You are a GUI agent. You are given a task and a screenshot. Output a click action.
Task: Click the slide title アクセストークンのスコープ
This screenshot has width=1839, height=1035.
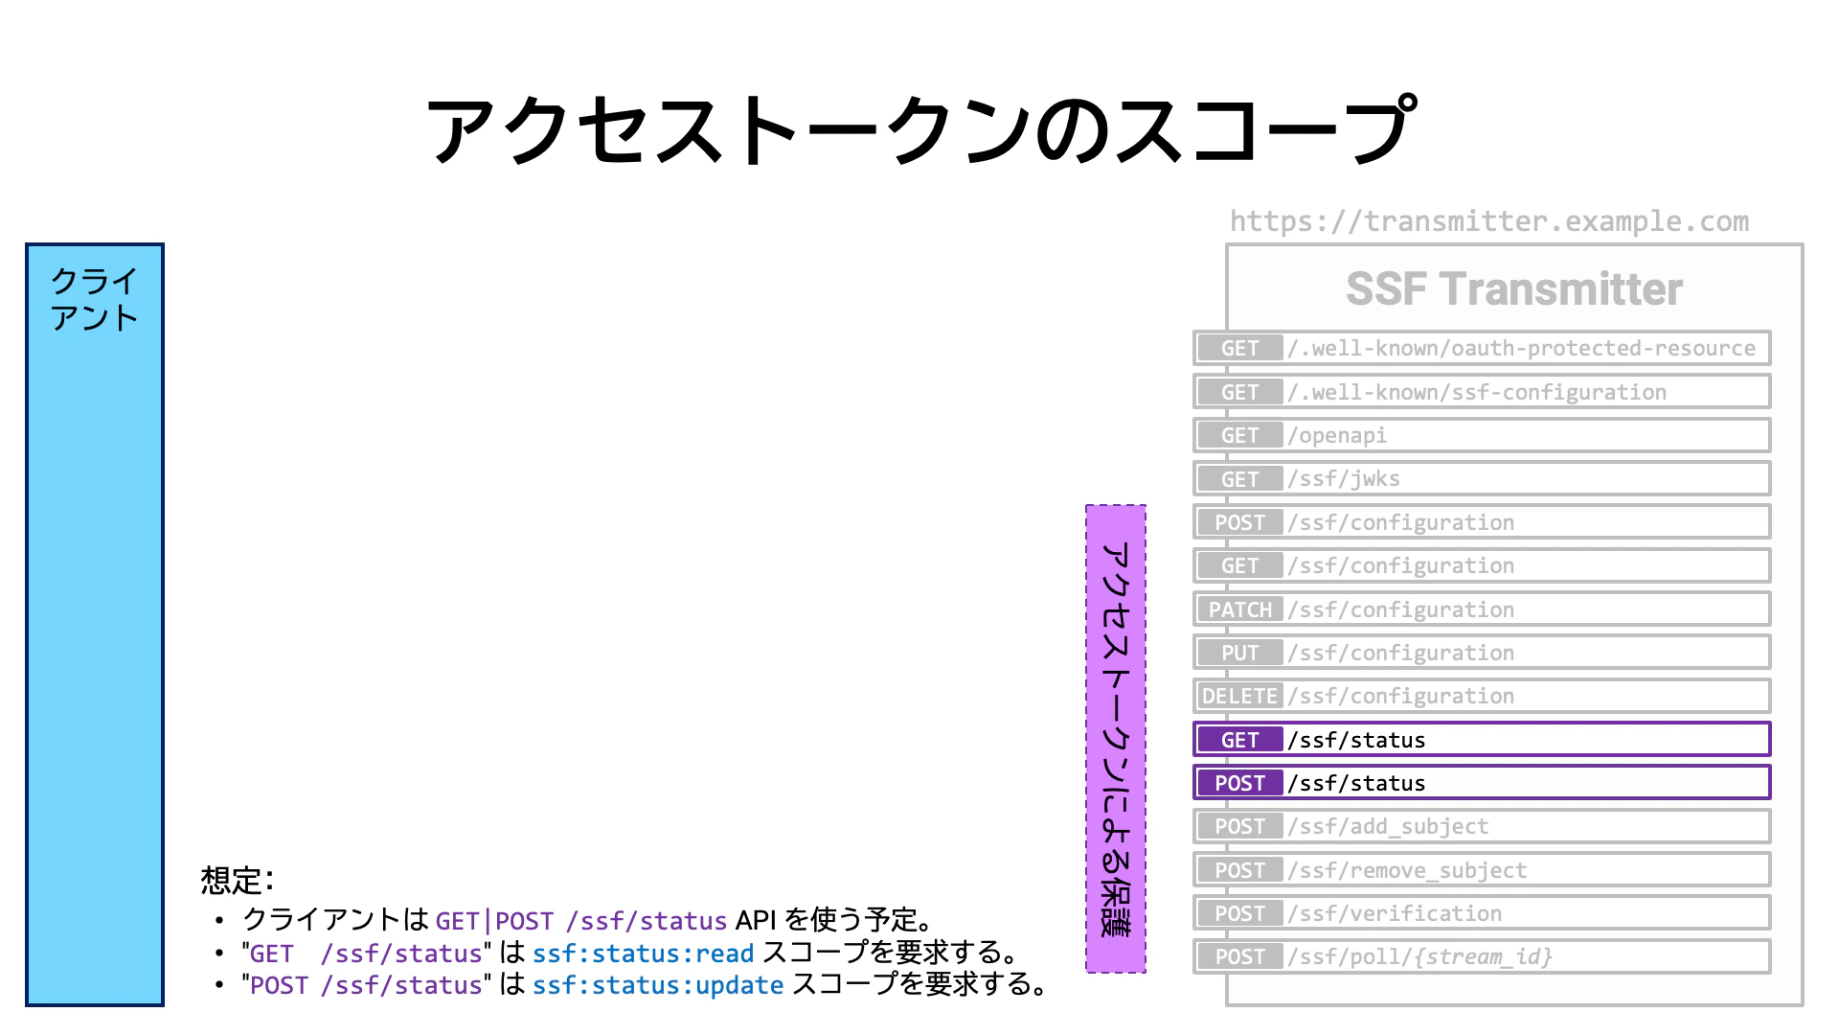pos(920,129)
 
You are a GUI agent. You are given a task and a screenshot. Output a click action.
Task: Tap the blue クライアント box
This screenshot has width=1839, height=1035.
pos(95,625)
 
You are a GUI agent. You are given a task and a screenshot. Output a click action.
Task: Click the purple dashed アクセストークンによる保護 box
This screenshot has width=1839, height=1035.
pos(1116,739)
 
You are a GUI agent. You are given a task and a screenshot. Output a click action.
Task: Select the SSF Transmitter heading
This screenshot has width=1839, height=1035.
pos(1514,289)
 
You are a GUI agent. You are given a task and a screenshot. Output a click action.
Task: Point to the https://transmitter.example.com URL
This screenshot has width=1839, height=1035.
pos(1489,221)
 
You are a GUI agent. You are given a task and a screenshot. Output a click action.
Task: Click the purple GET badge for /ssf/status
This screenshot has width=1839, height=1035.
pos(1239,740)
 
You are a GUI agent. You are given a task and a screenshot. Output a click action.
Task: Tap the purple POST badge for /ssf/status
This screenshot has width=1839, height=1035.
pos(1239,783)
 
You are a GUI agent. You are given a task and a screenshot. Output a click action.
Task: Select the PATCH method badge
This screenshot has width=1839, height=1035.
pos(1239,609)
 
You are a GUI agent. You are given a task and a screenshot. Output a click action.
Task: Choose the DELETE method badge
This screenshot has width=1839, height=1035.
pos(1239,696)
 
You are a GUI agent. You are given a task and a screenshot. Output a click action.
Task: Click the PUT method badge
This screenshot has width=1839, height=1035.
pos(1239,653)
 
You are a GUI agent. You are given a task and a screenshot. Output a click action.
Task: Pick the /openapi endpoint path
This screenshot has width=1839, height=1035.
pos(1337,436)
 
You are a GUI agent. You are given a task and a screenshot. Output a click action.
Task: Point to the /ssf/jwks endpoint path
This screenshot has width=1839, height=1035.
pos(1344,479)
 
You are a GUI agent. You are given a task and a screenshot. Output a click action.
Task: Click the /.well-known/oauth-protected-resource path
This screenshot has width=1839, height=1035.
pos(1522,348)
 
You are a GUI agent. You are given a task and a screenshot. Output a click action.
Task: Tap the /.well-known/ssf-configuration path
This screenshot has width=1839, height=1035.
pos(1477,392)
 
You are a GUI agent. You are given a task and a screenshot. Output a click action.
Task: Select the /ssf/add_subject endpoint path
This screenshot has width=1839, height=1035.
pos(1388,826)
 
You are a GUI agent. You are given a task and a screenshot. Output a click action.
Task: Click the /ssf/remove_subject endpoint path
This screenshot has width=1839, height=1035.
pos(1407,870)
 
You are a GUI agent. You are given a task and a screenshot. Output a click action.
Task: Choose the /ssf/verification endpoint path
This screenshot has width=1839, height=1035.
pos(1395,913)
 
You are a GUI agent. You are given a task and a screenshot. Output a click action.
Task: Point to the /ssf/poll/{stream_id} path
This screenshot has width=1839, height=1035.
pos(1419,956)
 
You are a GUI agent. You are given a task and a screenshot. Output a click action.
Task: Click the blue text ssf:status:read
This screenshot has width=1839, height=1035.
pos(644,954)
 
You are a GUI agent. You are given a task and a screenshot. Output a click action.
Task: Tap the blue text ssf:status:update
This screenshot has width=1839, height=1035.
pos(658,985)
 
